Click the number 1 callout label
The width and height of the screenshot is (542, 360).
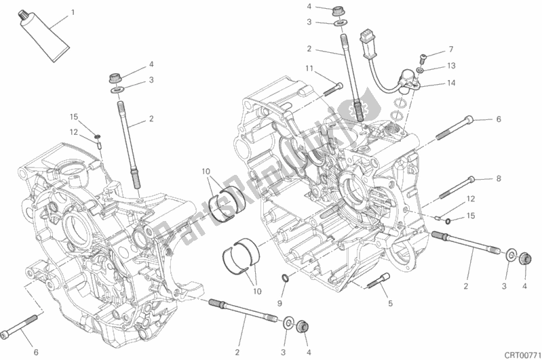pyautogui.click(x=73, y=13)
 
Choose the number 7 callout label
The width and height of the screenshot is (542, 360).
pyautogui.click(x=448, y=49)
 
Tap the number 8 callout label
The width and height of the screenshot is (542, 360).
pyautogui.click(x=498, y=179)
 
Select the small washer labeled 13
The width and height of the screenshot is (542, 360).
pyautogui.click(x=421, y=70)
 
